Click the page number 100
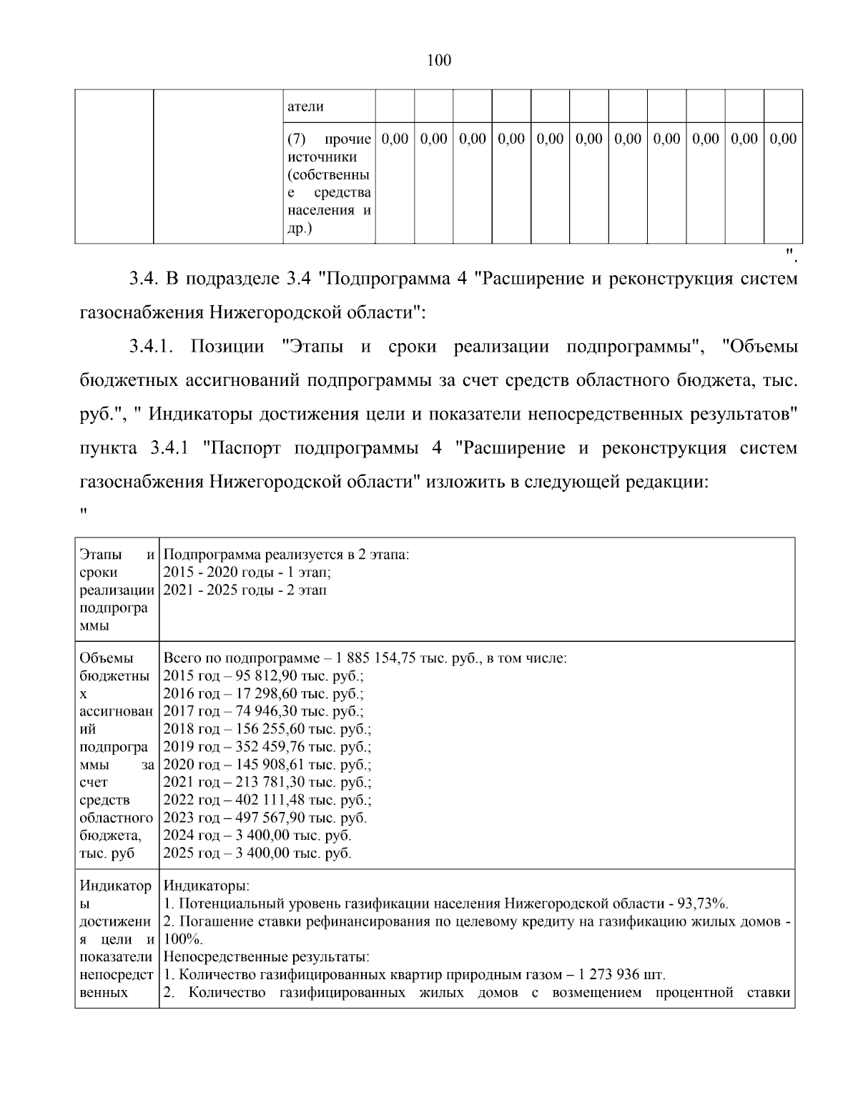click(x=438, y=61)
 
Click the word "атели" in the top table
click(x=305, y=106)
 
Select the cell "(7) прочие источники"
click(x=329, y=183)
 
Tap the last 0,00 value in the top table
click(x=783, y=139)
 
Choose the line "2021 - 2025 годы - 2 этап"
click(x=245, y=590)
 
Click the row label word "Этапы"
click(x=100, y=555)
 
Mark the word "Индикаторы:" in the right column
click(x=207, y=886)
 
